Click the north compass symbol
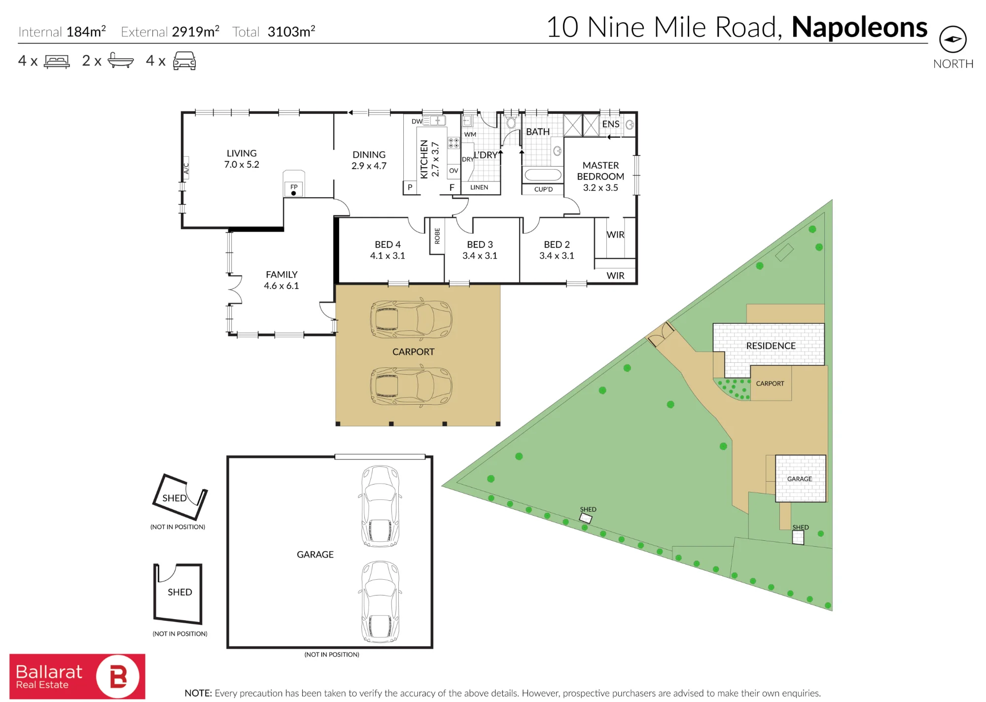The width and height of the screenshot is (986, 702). tap(952, 39)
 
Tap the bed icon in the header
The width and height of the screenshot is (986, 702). tap(57, 61)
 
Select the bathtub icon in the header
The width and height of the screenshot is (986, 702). tap(120, 61)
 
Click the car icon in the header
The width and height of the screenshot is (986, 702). tap(184, 61)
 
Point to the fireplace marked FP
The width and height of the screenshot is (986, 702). tap(294, 189)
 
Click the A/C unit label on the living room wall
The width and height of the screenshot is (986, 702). tap(186, 169)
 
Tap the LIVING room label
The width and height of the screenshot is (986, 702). tap(242, 153)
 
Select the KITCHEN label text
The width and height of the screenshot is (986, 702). tap(423, 159)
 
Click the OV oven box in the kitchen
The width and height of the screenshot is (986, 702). tap(454, 171)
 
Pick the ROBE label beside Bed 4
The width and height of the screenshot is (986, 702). tap(437, 236)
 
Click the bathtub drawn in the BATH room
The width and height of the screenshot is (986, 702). tap(542, 175)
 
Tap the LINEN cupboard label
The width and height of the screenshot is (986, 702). tap(479, 187)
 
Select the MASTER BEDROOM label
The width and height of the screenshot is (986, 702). tap(600, 171)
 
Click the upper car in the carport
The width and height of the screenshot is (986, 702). tap(411, 319)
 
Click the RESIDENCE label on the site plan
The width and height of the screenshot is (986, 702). tap(771, 346)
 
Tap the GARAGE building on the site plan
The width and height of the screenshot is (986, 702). tap(800, 478)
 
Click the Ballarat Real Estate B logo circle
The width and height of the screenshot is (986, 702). tap(118, 676)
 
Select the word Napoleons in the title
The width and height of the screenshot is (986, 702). tap(859, 27)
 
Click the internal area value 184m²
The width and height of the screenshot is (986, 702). tap(86, 32)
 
